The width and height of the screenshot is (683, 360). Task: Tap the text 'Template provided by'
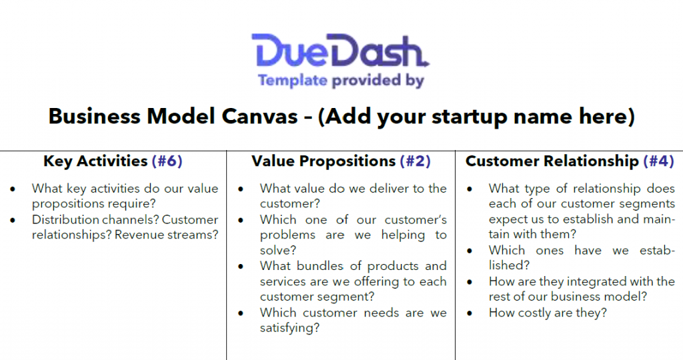click(341, 81)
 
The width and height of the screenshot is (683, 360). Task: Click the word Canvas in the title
click(259, 116)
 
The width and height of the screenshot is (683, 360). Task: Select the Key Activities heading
click(95, 161)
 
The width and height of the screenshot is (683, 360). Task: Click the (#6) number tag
click(167, 161)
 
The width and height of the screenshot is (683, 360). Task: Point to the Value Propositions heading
click(323, 161)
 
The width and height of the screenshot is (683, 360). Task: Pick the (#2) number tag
click(415, 161)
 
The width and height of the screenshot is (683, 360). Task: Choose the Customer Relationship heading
click(552, 161)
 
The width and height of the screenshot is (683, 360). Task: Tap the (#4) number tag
click(658, 161)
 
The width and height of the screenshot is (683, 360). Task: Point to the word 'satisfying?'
click(289, 328)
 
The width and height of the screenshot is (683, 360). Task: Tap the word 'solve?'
click(278, 250)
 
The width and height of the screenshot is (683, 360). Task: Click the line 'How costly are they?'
click(548, 313)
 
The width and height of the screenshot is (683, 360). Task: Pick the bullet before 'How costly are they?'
click(470, 313)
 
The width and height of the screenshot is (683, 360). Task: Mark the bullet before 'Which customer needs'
click(241, 313)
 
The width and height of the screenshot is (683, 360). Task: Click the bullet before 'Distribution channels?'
click(13, 220)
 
